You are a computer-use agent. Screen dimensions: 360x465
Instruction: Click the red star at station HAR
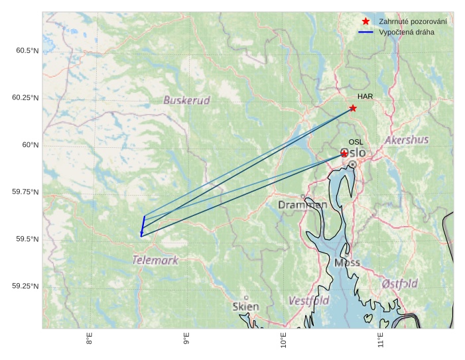point(353,108)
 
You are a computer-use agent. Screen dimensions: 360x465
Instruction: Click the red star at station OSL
point(344,153)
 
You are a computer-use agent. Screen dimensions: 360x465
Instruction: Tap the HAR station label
point(365,97)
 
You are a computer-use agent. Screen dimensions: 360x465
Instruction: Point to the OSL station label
point(356,143)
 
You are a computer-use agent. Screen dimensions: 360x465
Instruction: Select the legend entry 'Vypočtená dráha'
point(407,32)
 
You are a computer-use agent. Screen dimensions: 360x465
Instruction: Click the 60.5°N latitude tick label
point(25,51)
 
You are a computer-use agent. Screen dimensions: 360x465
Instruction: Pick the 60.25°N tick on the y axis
point(25,98)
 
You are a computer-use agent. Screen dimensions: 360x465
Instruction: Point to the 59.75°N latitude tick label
point(25,192)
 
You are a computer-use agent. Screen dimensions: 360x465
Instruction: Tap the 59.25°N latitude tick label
point(25,286)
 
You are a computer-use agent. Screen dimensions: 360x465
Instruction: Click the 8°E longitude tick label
point(89,341)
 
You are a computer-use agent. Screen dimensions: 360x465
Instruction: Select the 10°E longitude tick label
point(283,341)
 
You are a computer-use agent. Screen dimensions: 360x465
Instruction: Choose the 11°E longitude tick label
point(381,341)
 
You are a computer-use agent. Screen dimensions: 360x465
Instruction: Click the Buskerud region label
point(186,101)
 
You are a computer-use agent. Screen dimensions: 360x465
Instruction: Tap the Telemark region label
point(155,260)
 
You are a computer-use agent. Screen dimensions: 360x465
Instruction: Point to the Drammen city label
point(302,206)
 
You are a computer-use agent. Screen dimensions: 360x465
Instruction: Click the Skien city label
point(246,306)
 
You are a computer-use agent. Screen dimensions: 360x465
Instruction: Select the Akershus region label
point(407,141)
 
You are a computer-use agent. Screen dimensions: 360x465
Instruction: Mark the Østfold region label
point(400,284)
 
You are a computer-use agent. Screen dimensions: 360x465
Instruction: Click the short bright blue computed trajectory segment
point(143,225)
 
